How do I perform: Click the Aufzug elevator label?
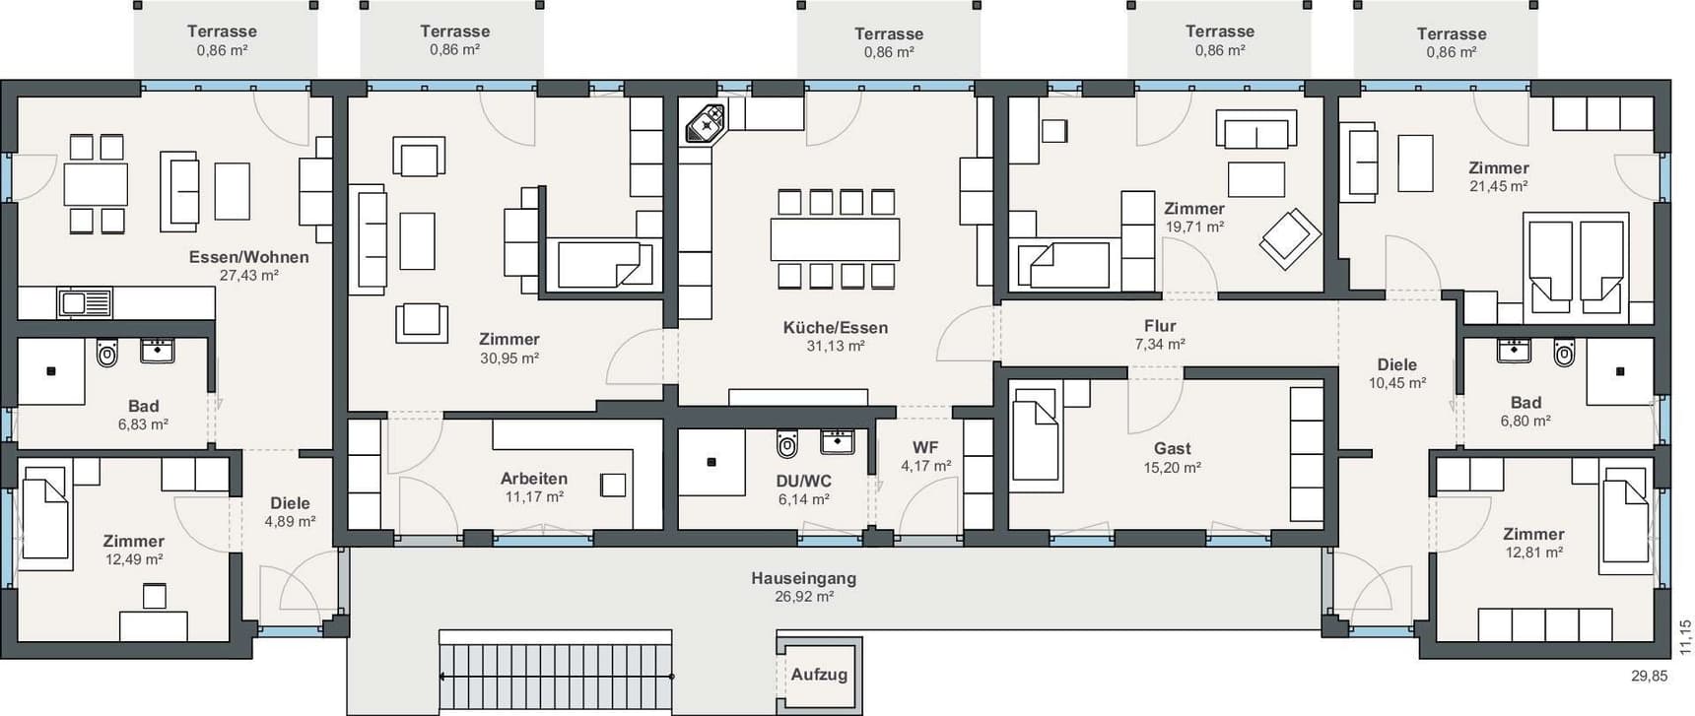tap(819, 675)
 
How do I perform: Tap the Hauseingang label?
tap(803, 578)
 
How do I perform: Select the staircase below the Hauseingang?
tap(556, 677)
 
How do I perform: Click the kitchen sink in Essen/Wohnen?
tap(85, 302)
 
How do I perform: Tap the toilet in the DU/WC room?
tap(786, 444)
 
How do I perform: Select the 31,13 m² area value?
tap(836, 347)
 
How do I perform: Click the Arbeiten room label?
tap(534, 479)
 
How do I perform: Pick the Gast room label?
tap(1173, 448)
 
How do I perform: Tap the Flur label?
tap(1160, 326)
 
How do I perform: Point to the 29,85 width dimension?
tap(1650, 677)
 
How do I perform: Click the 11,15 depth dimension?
tap(1685, 637)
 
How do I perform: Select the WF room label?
tap(925, 447)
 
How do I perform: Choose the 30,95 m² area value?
tap(509, 358)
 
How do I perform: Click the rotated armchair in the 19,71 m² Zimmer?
tap(1290, 238)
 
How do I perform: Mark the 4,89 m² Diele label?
tap(290, 522)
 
